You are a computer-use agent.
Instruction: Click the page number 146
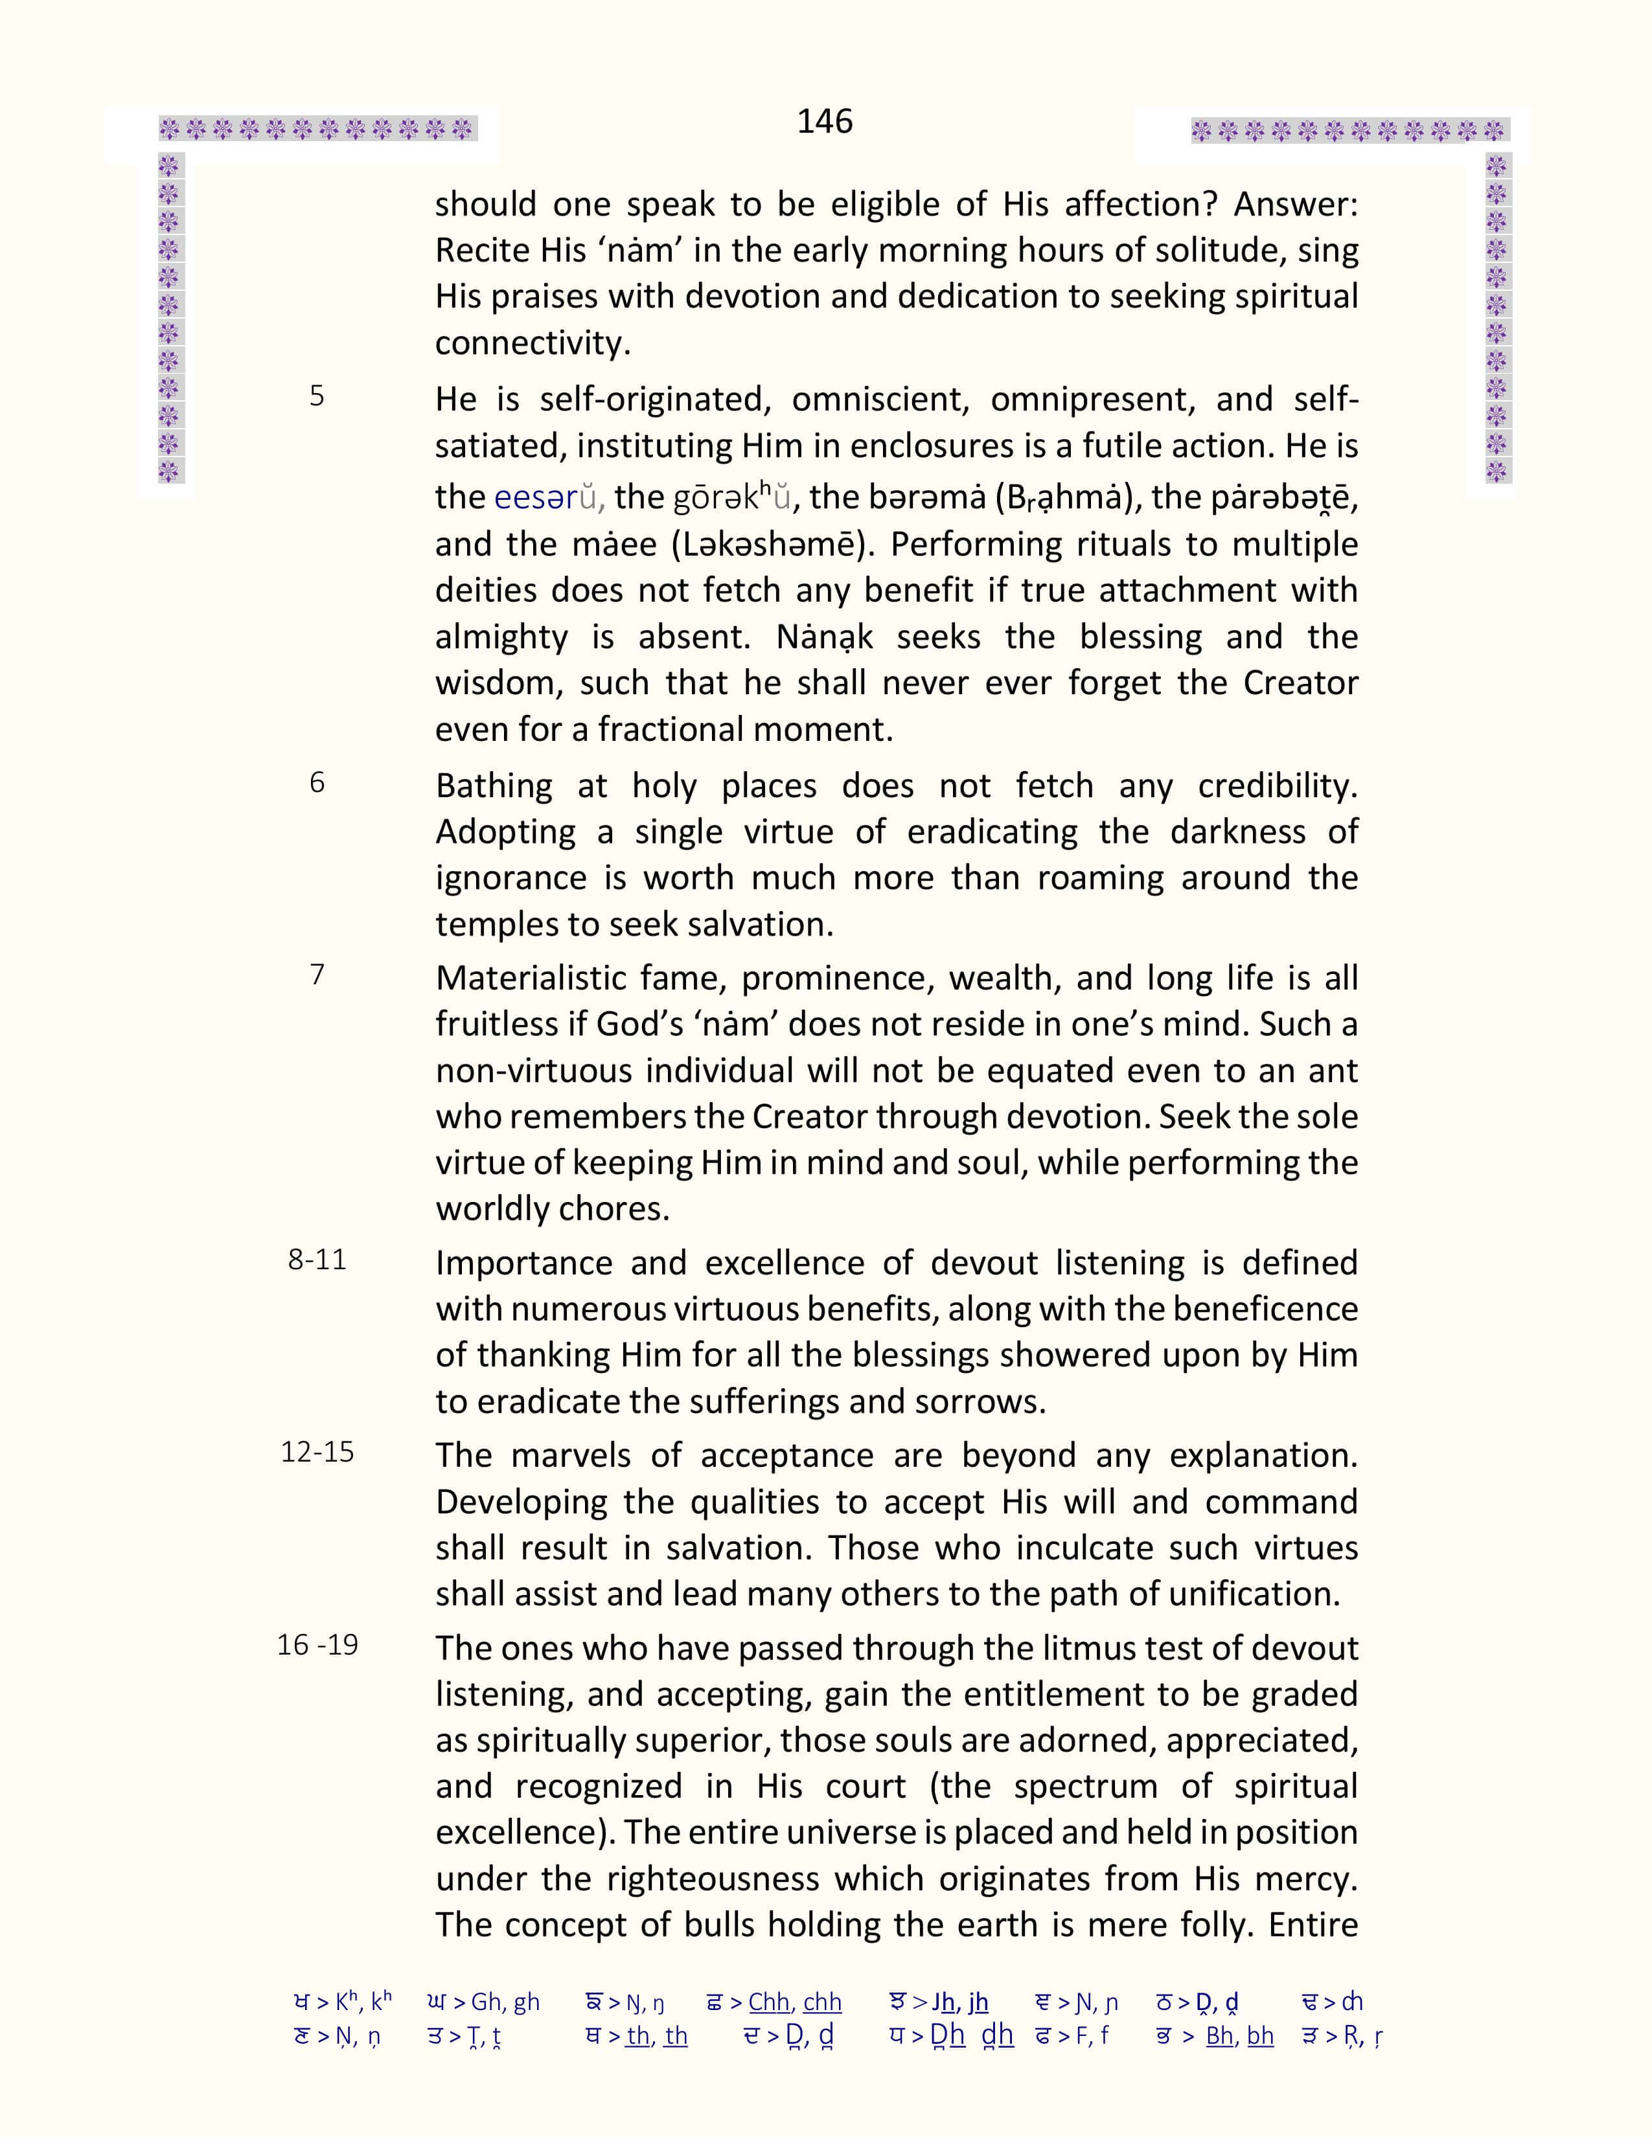(x=824, y=121)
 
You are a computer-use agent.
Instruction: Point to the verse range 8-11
(x=317, y=1260)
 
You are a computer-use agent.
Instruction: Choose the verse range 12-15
(x=317, y=1452)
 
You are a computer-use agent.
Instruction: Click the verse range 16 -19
(x=317, y=1645)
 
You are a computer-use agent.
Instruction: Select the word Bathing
(x=493, y=786)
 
